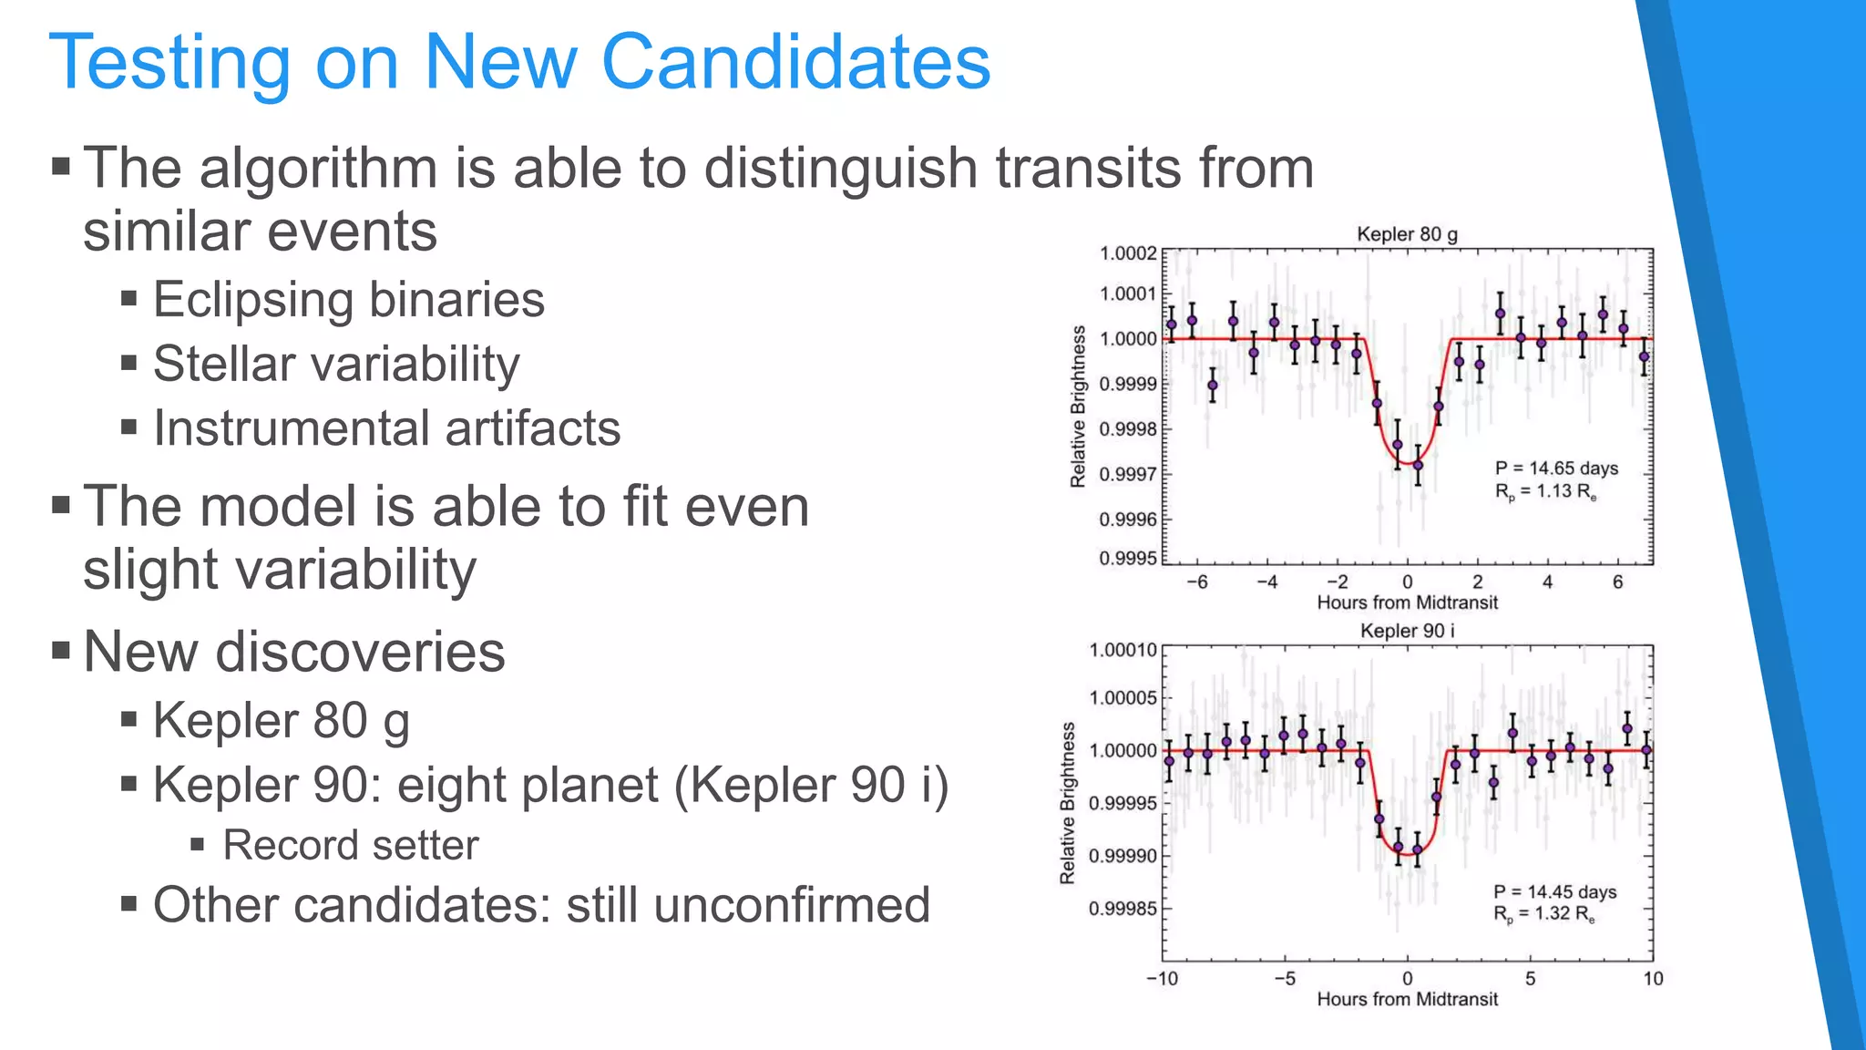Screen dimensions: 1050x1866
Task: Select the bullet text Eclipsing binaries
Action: [x=348, y=299]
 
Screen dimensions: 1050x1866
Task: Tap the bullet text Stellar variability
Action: [x=336, y=364]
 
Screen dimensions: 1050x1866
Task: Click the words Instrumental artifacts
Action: [x=386, y=428]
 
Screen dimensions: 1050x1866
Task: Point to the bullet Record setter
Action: [x=350, y=845]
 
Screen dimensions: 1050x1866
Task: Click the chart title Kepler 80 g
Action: [x=1407, y=234]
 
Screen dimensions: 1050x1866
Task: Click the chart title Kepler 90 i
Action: [x=1407, y=631]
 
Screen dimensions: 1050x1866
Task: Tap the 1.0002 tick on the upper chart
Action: [x=1128, y=253]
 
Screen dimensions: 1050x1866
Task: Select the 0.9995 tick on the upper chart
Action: [x=1128, y=558]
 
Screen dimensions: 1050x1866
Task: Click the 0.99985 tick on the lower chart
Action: [x=1123, y=909]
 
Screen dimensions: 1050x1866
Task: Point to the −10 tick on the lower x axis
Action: [x=1162, y=979]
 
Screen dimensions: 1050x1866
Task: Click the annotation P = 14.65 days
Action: [x=1556, y=468]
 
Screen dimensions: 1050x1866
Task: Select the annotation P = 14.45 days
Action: [x=1554, y=891]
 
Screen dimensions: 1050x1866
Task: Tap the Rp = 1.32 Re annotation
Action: [x=1543, y=914]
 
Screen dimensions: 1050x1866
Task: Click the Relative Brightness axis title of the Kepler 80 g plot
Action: [x=1078, y=406]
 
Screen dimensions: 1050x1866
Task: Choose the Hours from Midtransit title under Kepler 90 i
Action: [x=1407, y=999]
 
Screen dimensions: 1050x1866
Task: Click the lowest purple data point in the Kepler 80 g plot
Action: [x=1418, y=466]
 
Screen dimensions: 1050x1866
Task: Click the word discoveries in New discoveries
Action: [x=360, y=653]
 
